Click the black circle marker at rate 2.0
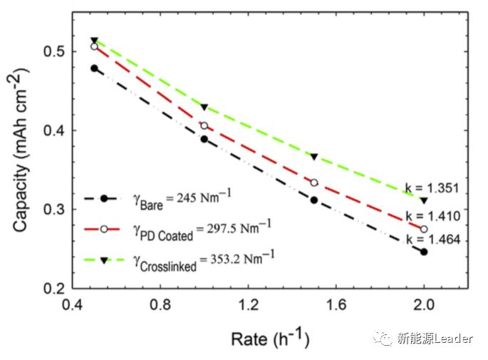tap(424, 252)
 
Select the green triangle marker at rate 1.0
tap(204, 108)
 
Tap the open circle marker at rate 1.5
tap(314, 182)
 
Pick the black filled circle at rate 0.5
tap(94, 68)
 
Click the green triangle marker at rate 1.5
tap(314, 157)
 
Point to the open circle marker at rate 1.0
tap(204, 125)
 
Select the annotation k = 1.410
tap(435, 215)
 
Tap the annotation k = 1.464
tap(435, 240)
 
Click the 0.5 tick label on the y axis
tap(56, 52)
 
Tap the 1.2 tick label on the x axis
tap(248, 306)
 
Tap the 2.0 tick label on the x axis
tap(424, 306)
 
